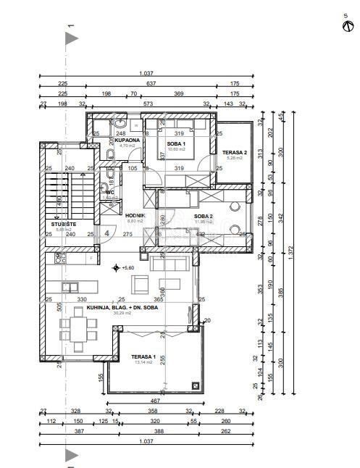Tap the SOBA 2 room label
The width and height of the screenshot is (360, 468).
(183, 216)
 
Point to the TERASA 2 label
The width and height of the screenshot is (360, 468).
(235, 153)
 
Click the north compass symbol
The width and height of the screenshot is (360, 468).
(346, 27)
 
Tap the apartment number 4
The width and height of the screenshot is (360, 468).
(106, 233)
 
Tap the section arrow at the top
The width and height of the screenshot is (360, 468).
(71, 39)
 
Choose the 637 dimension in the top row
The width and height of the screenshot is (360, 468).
(151, 83)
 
